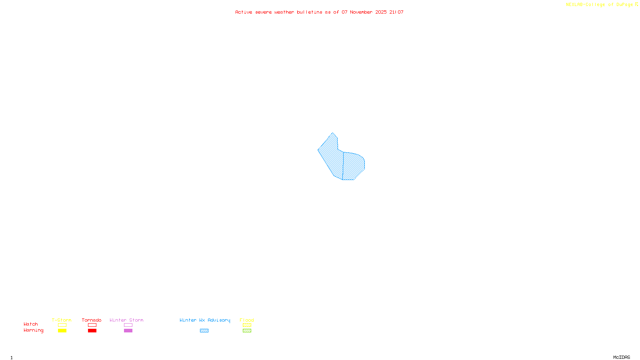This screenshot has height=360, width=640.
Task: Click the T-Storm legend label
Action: click(62, 320)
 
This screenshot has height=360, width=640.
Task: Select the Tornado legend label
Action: click(92, 320)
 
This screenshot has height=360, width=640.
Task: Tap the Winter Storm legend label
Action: click(126, 320)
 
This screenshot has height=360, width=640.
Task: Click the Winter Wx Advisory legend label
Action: click(205, 320)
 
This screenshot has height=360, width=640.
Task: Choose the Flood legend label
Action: click(247, 320)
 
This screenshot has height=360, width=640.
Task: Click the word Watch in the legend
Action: click(31, 324)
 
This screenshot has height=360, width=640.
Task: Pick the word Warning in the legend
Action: click(34, 330)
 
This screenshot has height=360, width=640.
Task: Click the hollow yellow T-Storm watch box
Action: click(62, 325)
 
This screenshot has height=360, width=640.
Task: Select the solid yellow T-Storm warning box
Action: click(62, 331)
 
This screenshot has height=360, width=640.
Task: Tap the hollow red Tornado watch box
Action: click(92, 325)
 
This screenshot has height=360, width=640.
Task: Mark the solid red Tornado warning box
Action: click(92, 331)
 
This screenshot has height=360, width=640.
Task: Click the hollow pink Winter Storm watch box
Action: click(128, 325)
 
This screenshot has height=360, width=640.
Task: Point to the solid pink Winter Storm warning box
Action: click(128, 331)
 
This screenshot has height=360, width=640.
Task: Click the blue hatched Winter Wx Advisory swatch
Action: click(204, 331)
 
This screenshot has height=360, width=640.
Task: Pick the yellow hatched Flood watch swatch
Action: click(247, 325)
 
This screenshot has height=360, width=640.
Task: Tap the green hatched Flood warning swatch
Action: click(247, 331)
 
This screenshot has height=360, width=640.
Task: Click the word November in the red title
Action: click(361, 12)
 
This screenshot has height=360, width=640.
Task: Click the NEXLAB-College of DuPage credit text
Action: click(600, 4)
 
